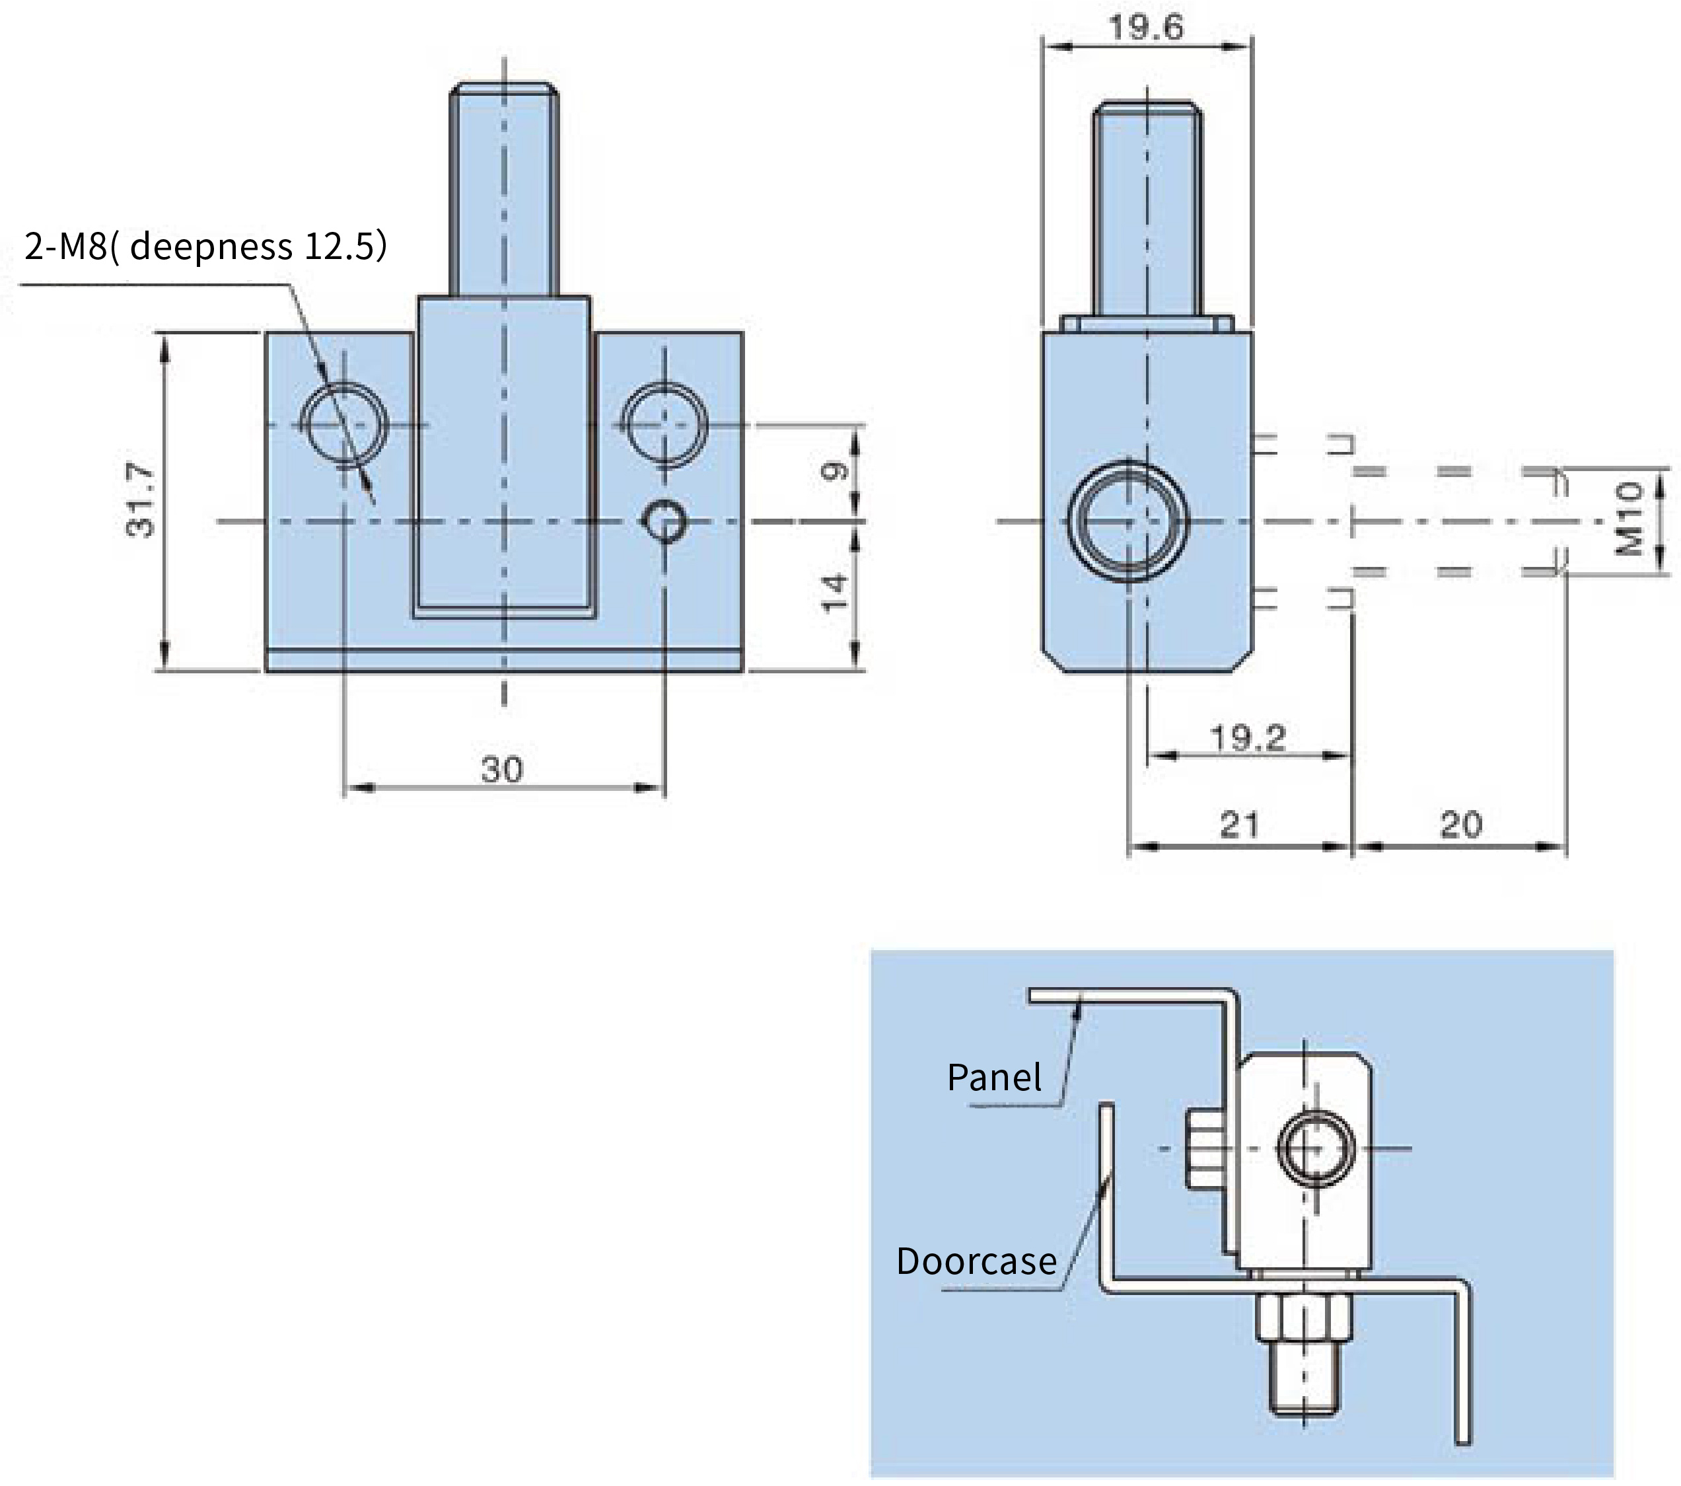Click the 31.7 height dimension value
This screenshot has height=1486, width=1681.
pos(141,501)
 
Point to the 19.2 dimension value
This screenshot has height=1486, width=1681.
pos(1248,738)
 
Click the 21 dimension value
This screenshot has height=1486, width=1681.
pos(1239,825)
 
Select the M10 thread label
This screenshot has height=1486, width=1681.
pos(1629,519)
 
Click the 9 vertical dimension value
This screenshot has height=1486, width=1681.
pos(834,472)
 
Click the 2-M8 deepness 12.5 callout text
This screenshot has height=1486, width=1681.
pos(205,246)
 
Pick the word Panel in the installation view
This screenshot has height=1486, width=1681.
pos(993,1077)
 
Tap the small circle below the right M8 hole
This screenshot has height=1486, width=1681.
pos(664,521)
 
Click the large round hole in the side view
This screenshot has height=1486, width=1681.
pos(1128,521)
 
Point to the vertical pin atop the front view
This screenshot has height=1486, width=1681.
pos(504,189)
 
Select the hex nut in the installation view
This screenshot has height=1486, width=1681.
pos(1305,1316)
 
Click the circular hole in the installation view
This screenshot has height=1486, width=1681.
pos(1316,1148)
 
